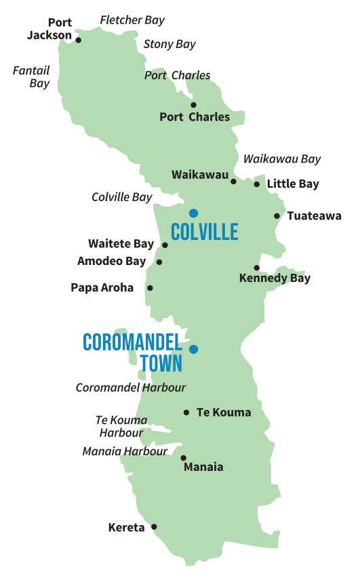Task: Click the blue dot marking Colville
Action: click(x=194, y=212)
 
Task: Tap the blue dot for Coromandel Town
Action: click(x=194, y=350)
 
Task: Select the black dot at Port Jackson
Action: click(x=78, y=40)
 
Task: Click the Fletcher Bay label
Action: click(x=132, y=20)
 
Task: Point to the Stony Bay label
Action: click(x=169, y=44)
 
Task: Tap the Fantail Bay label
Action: click(x=31, y=77)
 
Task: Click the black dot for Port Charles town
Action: click(x=193, y=104)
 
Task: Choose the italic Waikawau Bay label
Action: click(x=281, y=159)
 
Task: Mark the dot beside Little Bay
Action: click(x=256, y=184)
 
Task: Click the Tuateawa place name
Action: click(x=314, y=216)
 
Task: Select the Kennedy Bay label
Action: click(x=275, y=278)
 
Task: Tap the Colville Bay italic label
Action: click(x=121, y=197)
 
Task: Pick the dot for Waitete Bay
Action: click(x=165, y=245)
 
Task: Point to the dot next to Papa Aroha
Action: click(x=150, y=288)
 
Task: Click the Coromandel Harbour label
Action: click(x=131, y=388)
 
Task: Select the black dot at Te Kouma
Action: click(x=186, y=412)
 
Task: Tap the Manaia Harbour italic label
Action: click(x=125, y=451)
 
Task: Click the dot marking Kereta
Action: click(x=154, y=526)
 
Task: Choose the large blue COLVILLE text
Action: click(x=205, y=232)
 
